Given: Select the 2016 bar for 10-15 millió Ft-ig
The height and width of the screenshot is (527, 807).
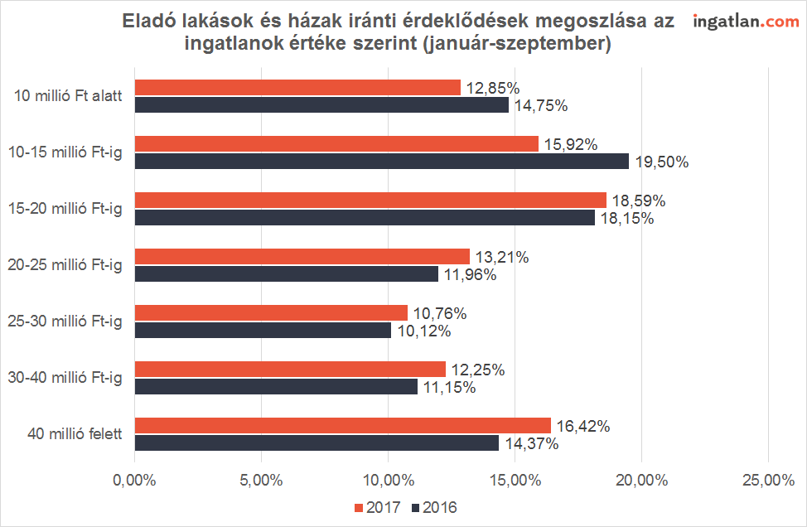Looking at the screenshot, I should click(381, 161).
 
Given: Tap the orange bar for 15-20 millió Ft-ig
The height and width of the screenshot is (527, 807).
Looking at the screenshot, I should click(370, 200).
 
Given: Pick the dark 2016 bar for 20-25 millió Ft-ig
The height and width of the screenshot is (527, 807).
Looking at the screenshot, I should click(286, 273).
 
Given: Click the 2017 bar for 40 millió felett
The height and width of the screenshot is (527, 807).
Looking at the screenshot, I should click(342, 426).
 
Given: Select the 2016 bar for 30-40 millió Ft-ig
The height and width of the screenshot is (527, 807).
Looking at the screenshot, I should click(276, 386).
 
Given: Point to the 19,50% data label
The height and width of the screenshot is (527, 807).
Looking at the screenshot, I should click(662, 162).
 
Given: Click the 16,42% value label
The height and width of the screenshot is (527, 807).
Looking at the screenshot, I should click(583, 427).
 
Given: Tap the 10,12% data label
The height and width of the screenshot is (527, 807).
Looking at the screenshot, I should click(423, 331).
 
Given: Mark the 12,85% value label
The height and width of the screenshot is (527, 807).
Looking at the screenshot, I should click(492, 88).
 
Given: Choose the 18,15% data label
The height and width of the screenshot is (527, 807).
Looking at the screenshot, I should click(626, 219).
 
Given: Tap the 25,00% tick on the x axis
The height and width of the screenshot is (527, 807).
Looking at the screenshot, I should click(767, 480).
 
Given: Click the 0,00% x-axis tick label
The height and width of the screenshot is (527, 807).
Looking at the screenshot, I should click(135, 480).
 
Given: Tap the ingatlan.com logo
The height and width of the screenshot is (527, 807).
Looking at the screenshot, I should click(746, 22).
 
